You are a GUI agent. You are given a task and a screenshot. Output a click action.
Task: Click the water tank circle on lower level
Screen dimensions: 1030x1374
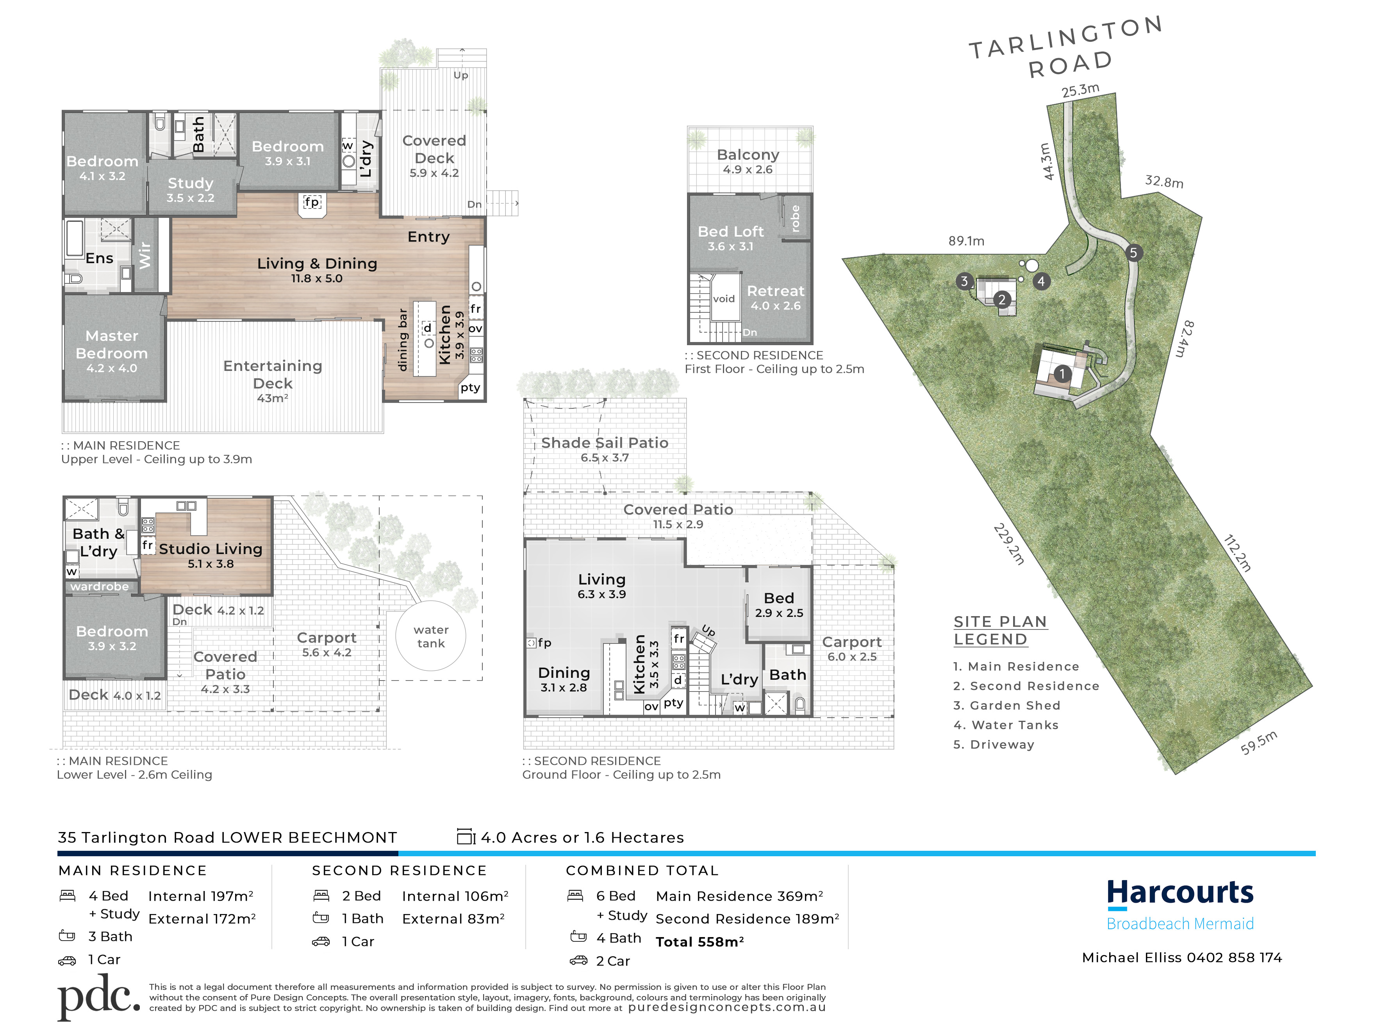430,636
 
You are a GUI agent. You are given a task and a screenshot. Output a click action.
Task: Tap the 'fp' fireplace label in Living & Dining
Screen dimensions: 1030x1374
312,202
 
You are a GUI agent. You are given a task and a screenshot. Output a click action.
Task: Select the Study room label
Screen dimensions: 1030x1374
190,189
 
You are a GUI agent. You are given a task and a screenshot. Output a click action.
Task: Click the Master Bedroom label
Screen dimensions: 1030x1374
112,351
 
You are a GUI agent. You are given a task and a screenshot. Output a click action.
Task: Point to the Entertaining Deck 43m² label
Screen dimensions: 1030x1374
273,380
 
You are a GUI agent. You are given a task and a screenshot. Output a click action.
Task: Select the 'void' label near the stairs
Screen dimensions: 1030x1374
724,299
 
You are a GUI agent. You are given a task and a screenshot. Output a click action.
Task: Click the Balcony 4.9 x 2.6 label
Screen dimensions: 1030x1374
748,161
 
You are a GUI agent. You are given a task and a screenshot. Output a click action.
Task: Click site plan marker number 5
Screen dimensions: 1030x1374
1133,253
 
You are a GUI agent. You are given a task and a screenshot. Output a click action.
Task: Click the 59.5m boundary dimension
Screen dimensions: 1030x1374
1258,743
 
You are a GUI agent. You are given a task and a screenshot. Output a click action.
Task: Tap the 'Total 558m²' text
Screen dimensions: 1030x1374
699,942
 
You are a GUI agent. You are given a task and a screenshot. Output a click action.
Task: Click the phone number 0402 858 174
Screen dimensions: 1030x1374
1234,957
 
